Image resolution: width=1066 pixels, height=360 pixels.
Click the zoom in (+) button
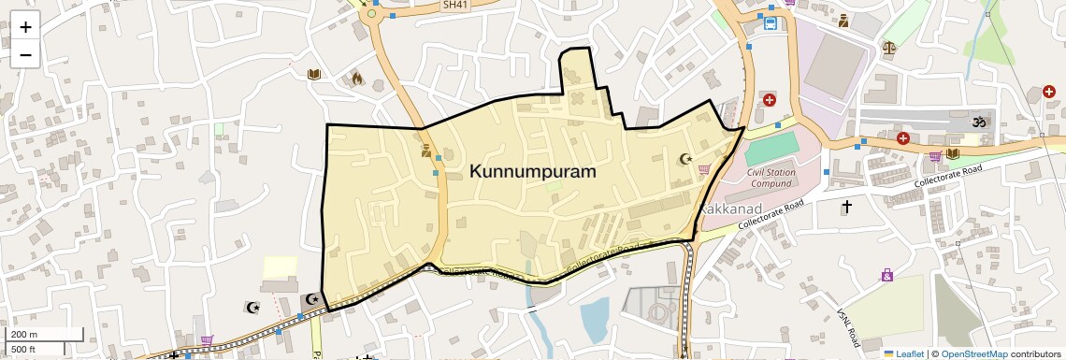(x=25, y=27)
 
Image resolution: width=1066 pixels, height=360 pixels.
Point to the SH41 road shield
(x=454, y=5)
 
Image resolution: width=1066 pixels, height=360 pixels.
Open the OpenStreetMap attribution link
(x=974, y=353)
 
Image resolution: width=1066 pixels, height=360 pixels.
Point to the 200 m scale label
(x=24, y=334)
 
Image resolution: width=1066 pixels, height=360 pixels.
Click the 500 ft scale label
(x=24, y=350)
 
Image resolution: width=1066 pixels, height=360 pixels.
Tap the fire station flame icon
(x=356, y=79)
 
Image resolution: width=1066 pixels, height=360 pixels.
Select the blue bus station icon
(x=770, y=23)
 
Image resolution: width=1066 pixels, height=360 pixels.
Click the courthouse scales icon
(x=888, y=45)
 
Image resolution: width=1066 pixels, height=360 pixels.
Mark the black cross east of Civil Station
(x=847, y=206)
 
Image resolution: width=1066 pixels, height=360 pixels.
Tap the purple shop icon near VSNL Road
(x=886, y=275)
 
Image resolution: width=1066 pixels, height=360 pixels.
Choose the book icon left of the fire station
(x=314, y=75)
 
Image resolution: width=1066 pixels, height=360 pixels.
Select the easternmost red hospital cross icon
(x=1048, y=92)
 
